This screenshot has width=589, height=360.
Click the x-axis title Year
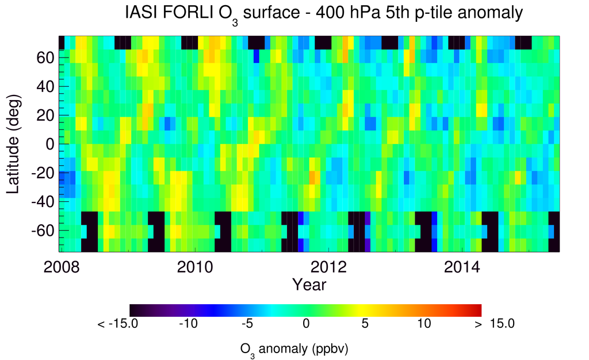309,284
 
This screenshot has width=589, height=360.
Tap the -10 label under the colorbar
188,324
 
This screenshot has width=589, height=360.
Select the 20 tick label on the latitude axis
46,115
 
